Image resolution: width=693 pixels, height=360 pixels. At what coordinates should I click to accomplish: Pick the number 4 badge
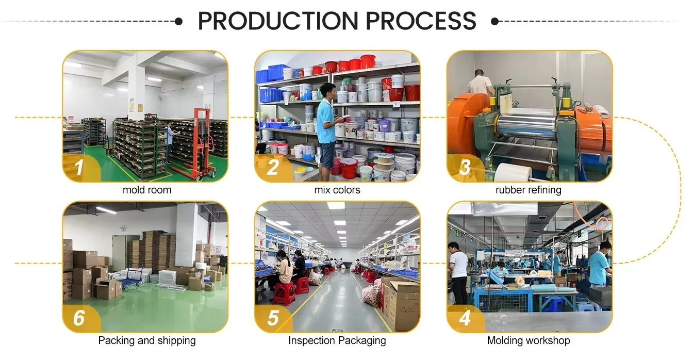[x=465, y=318]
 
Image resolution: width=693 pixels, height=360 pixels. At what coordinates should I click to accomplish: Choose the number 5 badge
[x=272, y=318]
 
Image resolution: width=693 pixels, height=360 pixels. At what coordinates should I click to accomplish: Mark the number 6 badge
[x=79, y=318]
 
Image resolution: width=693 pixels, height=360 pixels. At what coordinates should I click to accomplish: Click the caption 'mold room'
[x=147, y=190]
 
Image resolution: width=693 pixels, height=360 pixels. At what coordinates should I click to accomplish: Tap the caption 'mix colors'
[x=337, y=190]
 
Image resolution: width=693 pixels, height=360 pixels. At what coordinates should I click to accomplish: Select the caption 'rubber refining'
[x=529, y=190]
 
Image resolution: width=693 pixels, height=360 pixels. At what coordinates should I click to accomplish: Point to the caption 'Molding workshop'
[x=529, y=341]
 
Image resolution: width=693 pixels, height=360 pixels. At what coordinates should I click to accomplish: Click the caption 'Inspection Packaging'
[x=337, y=341]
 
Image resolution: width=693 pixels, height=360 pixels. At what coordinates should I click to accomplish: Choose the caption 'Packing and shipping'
[x=147, y=341]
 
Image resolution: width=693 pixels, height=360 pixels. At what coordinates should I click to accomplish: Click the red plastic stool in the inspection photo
[x=284, y=293]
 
